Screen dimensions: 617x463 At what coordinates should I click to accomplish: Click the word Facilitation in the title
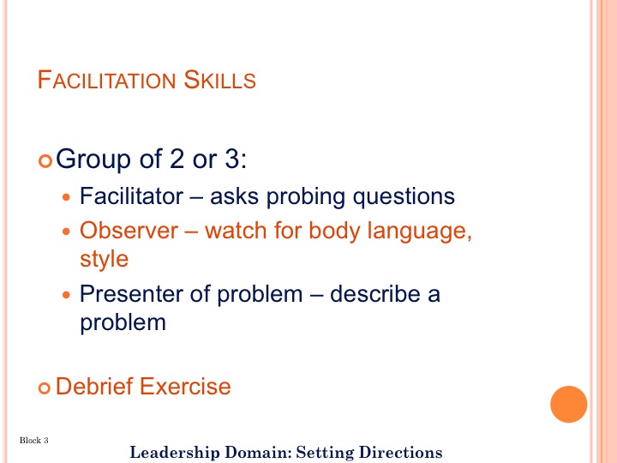106,80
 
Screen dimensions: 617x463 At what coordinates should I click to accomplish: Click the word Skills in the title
219,80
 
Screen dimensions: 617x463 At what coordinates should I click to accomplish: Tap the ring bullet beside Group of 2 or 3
45,161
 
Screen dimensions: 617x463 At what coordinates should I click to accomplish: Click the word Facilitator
131,195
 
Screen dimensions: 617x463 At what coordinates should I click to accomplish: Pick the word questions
404,197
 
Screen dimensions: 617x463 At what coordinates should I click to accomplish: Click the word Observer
129,231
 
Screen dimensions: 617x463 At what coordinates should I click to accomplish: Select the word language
419,231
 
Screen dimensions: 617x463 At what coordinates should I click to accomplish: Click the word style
105,260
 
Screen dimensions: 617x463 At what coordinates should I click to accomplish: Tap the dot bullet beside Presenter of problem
67,294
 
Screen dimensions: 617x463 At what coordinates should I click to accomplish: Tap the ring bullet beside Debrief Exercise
45,388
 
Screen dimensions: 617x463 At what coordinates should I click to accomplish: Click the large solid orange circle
569,405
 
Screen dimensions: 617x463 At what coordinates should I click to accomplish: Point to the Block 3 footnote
33,440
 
